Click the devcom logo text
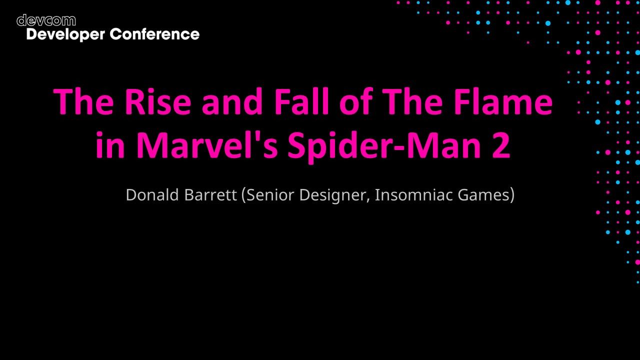46,20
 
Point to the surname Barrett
210,194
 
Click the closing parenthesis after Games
512,195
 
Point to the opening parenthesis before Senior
243,195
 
